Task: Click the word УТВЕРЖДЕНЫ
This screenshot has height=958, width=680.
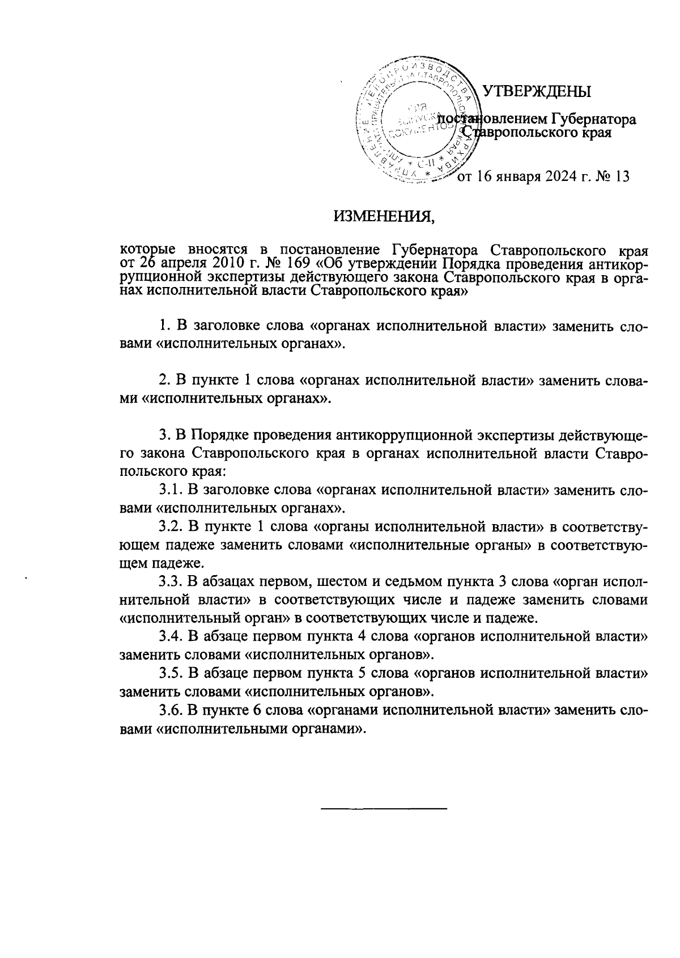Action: [x=536, y=91]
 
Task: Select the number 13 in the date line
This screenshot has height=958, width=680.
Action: [x=622, y=176]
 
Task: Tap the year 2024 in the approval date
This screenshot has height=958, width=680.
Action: [x=565, y=176]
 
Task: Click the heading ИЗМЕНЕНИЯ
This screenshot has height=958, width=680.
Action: [x=383, y=216]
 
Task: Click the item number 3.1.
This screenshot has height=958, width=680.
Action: [x=170, y=489]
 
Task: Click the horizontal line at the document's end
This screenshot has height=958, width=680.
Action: [x=384, y=807]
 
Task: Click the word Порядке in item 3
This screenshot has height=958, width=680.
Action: [x=219, y=435]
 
